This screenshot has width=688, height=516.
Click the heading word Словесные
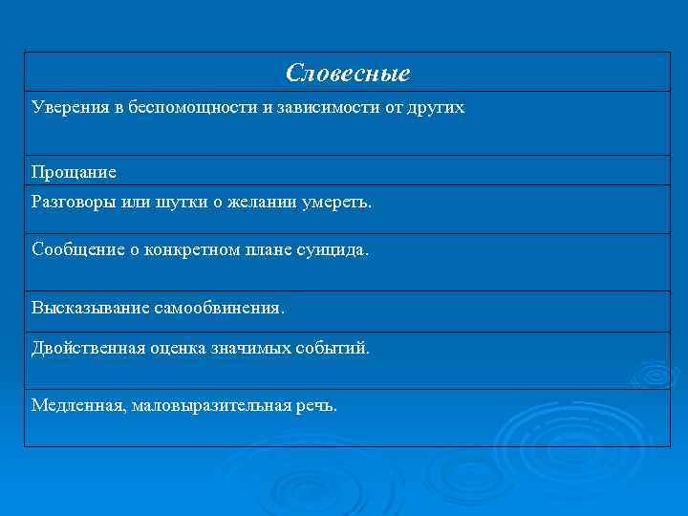(348, 73)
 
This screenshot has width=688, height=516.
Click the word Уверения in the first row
(66, 107)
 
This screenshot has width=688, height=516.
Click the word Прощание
(74, 172)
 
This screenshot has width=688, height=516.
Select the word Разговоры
(70, 202)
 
